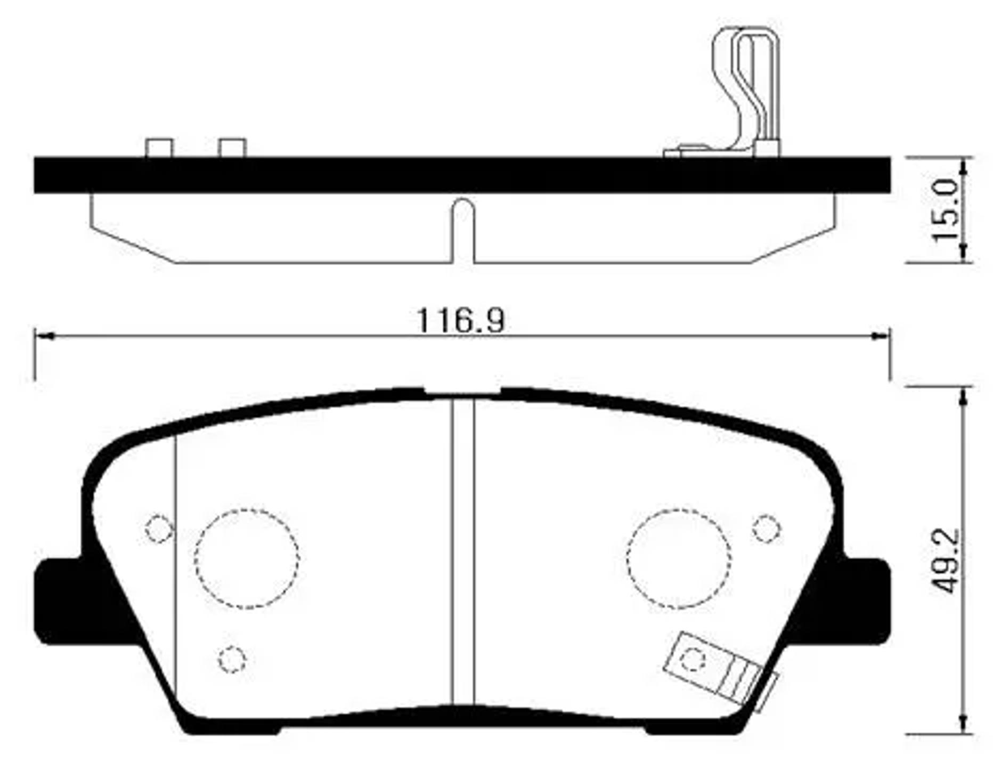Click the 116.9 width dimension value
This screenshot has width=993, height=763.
[x=460, y=320]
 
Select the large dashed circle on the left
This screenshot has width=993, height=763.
[x=247, y=558]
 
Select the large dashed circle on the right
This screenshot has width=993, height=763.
[x=679, y=558]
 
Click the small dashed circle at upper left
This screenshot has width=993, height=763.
[x=159, y=529]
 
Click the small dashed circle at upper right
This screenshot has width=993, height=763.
[x=767, y=529]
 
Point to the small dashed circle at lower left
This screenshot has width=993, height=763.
[x=232, y=659]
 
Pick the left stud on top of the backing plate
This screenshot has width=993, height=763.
[x=159, y=148]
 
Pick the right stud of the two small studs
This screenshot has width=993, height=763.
[x=232, y=148]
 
